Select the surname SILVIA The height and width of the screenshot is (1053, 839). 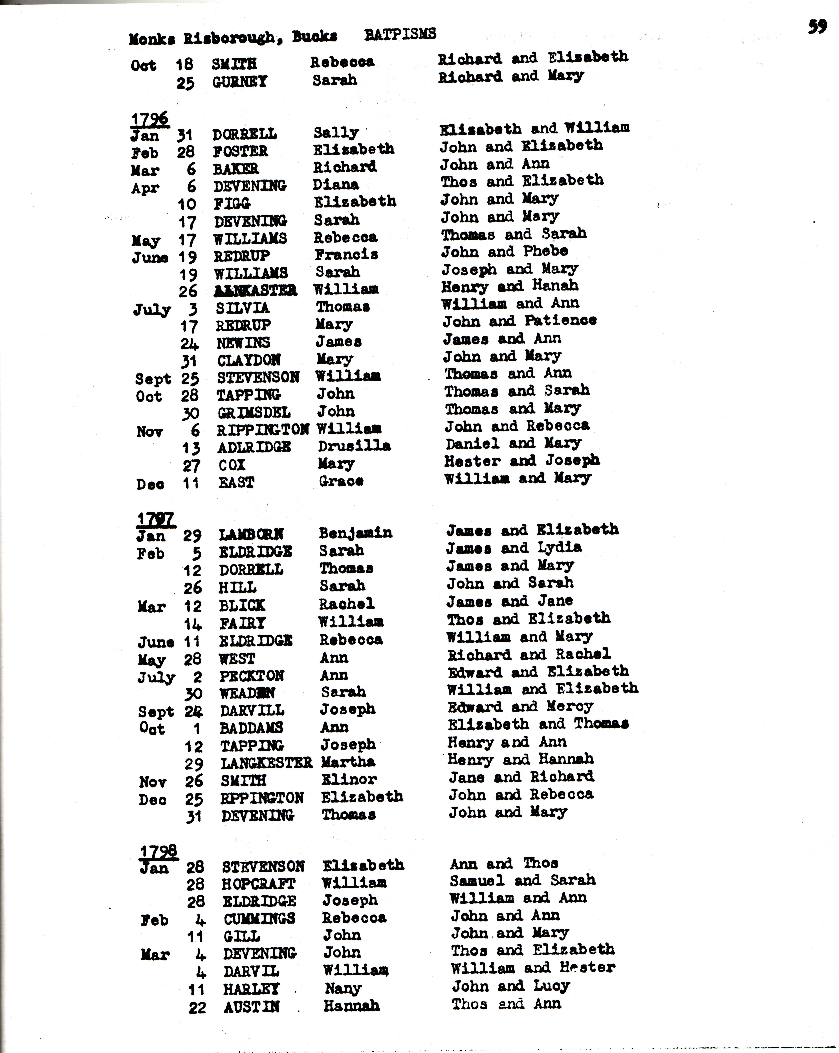coord(243,308)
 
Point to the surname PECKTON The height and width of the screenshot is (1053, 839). coord(251,676)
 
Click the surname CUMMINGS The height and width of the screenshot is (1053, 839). coord(260,919)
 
